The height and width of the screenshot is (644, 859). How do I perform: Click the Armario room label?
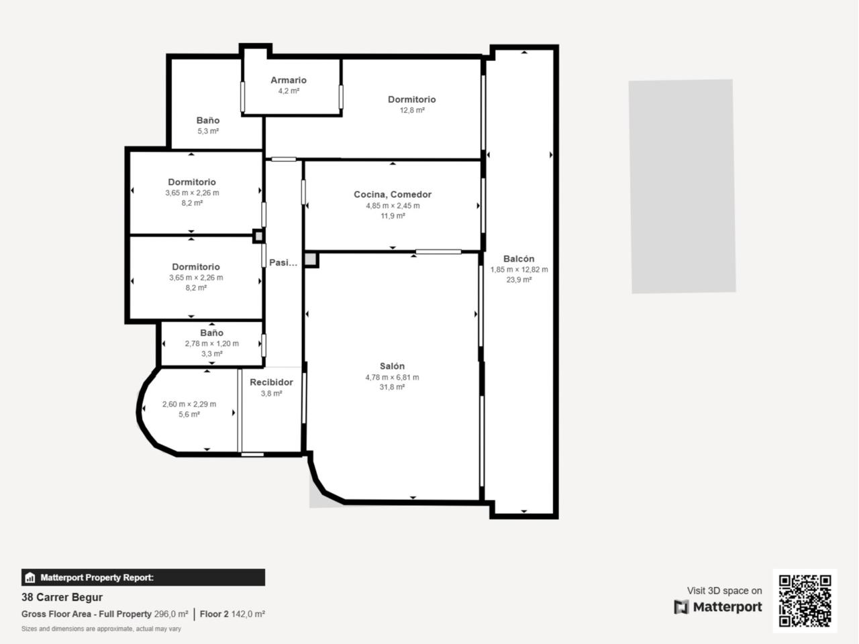[289, 80]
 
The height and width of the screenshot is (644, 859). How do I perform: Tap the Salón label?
[392, 366]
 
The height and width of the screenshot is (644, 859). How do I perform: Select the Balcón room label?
[519, 259]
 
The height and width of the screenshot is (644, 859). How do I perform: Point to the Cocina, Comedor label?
[393, 195]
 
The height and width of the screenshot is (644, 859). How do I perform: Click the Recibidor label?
[271, 382]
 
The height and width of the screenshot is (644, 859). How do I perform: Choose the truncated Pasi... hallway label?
[283, 262]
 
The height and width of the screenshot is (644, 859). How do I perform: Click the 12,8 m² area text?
[411, 110]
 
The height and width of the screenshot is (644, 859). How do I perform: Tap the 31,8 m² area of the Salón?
[392, 387]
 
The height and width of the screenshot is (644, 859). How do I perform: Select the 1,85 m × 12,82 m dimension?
[519, 270]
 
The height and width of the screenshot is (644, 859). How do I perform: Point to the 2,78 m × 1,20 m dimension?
[211, 343]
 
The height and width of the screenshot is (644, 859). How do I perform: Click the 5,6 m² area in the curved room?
[189, 415]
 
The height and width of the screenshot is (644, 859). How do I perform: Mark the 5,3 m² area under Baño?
[208, 131]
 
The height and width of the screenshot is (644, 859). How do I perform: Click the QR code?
[805, 600]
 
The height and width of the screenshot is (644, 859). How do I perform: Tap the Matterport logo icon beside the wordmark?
[681, 607]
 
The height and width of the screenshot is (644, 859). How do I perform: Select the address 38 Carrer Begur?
[62, 597]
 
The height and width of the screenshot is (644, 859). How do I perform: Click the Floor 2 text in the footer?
[214, 614]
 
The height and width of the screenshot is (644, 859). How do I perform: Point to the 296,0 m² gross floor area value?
[171, 614]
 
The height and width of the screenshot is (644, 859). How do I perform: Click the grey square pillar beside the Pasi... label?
[311, 259]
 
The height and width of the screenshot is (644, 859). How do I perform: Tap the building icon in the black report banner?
[30, 578]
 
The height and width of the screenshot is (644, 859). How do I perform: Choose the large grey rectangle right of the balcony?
[682, 186]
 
